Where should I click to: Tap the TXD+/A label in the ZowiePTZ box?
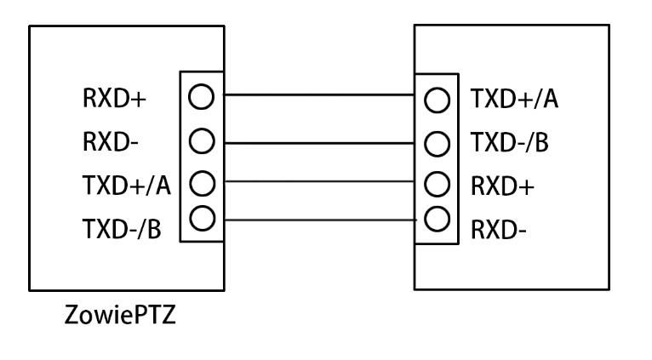point(128,183)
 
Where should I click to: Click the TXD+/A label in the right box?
point(514,100)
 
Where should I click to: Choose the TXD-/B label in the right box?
point(511,142)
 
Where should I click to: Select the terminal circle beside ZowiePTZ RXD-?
point(200,138)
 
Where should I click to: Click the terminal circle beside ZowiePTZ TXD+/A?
point(200,181)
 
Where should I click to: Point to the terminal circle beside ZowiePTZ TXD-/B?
point(200,219)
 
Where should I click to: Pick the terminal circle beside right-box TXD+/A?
point(436,101)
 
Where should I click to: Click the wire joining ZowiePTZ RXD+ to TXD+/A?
point(318,95)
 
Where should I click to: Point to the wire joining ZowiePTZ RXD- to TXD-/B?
point(318,140)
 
